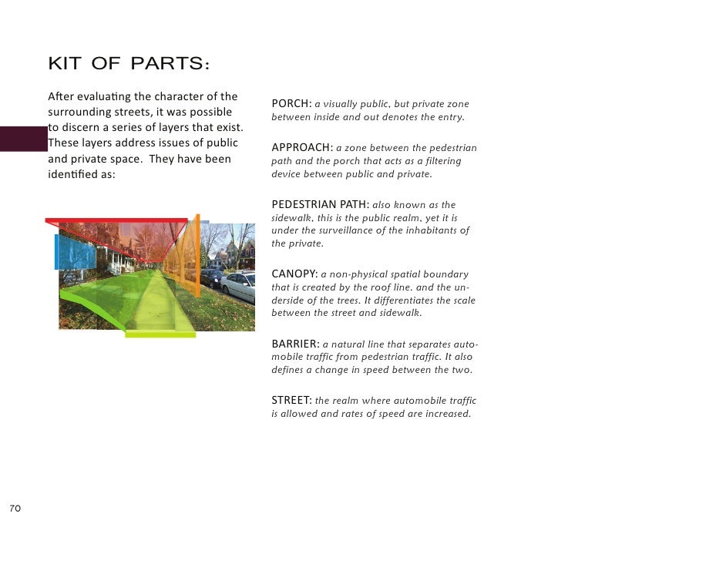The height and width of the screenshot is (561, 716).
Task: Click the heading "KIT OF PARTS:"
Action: [129, 64]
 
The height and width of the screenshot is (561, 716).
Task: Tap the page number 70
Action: [15, 509]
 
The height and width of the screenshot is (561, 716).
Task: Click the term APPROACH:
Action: [301, 147]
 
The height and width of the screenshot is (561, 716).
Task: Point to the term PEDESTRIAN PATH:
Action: [320, 204]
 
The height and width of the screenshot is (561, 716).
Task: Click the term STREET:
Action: [291, 400]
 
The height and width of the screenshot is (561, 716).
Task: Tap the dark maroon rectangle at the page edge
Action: [23, 139]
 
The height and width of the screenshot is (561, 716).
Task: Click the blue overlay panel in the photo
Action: [75, 251]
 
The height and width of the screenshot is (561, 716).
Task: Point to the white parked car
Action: [240, 286]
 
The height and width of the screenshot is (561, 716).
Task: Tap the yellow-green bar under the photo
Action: [160, 334]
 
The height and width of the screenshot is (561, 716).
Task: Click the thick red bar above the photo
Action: [116, 220]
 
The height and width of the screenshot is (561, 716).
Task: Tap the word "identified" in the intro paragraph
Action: [72, 175]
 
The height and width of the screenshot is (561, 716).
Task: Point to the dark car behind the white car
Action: [213, 277]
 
